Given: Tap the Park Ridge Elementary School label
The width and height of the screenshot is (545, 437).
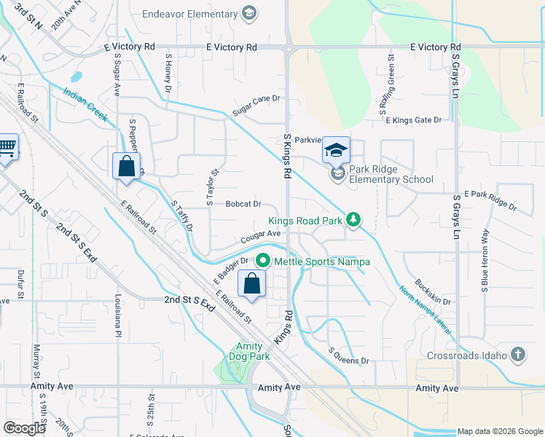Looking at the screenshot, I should point(391,174).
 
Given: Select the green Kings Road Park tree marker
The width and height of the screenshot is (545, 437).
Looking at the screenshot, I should point(353,219).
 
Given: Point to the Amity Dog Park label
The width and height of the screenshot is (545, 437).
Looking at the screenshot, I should point(252,352).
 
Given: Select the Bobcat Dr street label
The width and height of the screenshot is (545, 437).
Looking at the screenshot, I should point(243,205).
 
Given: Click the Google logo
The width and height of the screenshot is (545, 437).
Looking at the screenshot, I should point(25,428).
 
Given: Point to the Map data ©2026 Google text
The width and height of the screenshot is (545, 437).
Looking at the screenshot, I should point(499,431).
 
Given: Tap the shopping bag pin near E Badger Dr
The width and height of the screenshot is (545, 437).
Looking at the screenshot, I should point(251,285).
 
